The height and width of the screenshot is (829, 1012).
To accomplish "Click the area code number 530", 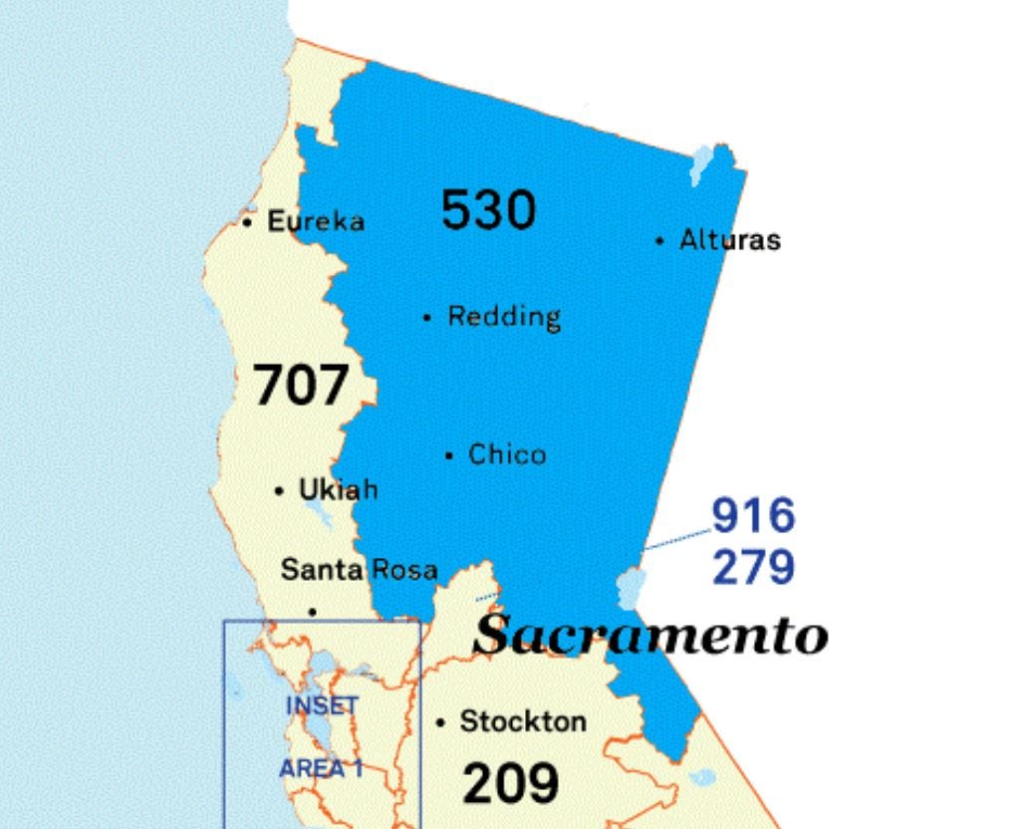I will pyautogui.click(x=488, y=210).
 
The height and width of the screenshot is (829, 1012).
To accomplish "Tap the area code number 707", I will pyautogui.click(x=301, y=386).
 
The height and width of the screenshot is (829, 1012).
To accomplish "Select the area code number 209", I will pyautogui.click(x=510, y=782).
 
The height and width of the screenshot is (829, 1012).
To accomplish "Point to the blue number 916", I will pyautogui.click(x=753, y=516).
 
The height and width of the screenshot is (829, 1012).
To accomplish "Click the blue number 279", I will pyautogui.click(x=753, y=567).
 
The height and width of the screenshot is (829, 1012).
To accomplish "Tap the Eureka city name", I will pyautogui.click(x=316, y=221).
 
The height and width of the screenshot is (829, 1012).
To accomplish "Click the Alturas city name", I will pyautogui.click(x=730, y=240).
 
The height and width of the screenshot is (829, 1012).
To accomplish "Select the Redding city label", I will pyautogui.click(x=504, y=317).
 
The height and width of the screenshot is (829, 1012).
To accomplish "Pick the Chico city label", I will pyautogui.click(x=507, y=455).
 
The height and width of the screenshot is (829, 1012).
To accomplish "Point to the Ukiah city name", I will pyautogui.click(x=339, y=490).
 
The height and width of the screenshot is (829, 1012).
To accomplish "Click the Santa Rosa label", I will pyautogui.click(x=359, y=570).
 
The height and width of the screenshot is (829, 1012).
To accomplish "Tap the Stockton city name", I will pyautogui.click(x=523, y=721).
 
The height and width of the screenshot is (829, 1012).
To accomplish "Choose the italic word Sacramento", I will pyautogui.click(x=649, y=635).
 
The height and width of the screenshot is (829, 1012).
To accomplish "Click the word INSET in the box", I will pyautogui.click(x=322, y=705).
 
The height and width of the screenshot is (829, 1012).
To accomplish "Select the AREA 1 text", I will pyautogui.click(x=320, y=768).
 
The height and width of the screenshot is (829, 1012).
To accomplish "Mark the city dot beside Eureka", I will pyautogui.click(x=247, y=222).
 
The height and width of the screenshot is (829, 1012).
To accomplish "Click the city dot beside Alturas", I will pyautogui.click(x=659, y=240).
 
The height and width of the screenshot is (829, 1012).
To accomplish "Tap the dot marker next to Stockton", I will pyautogui.click(x=440, y=722).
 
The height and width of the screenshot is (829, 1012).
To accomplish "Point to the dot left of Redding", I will pyautogui.click(x=427, y=318).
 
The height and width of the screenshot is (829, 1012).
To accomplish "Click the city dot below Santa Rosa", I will pyautogui.click(x=313, y=611).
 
